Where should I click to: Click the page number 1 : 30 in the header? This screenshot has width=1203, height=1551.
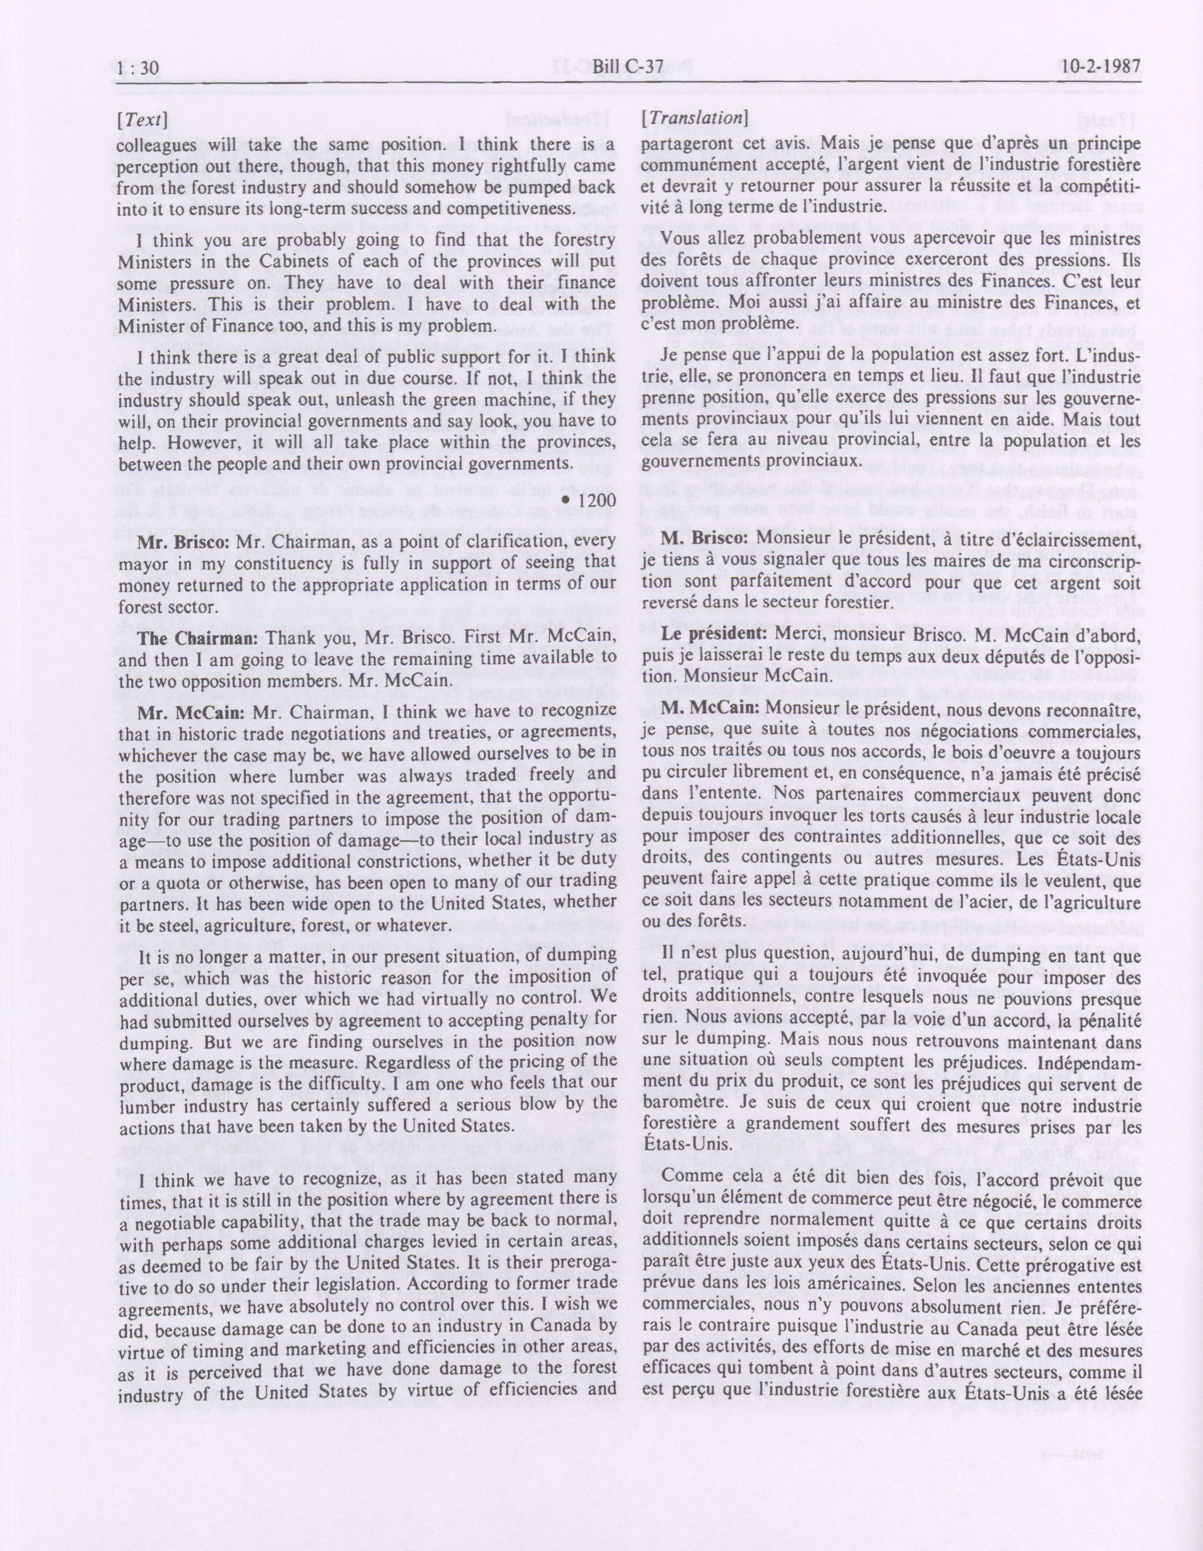pyautogui.click(x=139, y=68)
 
